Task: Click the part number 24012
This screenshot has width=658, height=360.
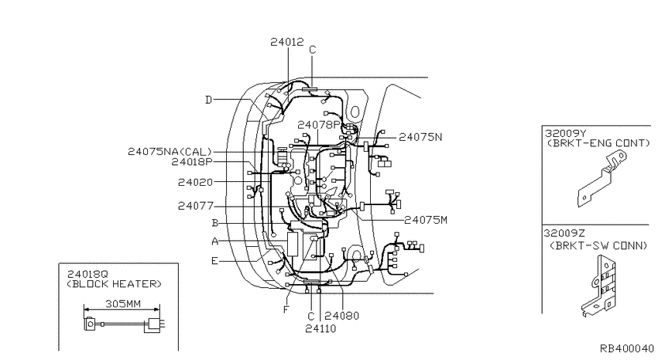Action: click(287, 42)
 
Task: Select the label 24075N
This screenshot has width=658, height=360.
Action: click(420, 137)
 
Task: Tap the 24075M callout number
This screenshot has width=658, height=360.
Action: click(426, 220)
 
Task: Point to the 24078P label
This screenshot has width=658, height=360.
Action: click(318, 125)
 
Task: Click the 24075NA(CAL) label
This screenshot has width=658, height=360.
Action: click(170, 152)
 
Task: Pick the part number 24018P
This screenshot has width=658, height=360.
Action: click(192, 162)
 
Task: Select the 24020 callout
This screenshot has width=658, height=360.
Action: click(196, 182)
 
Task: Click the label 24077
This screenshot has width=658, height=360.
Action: click(196, 206)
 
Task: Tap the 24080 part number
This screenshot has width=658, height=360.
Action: click(342, 316)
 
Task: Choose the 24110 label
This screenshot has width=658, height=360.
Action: click(320, 328)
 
